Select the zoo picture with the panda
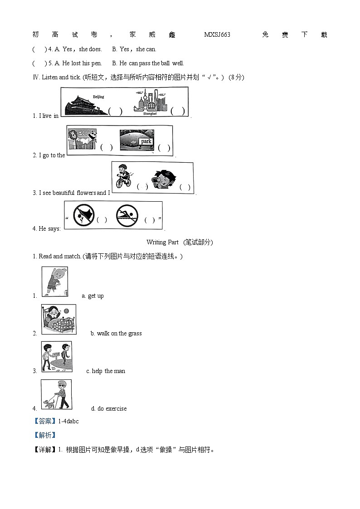pos(83,139)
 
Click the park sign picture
pos(137,141)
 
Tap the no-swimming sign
pos(126,215)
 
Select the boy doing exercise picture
pos(54,281)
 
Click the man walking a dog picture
pos(56,394)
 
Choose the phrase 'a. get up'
pos(92,296)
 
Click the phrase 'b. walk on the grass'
pos(116,334)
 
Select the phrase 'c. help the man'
pos(106,371)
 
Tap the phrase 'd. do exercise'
pos(109,409)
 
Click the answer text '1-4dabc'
pos(68,422)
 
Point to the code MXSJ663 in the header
pos(217,35)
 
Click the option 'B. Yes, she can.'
pos(134,49)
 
